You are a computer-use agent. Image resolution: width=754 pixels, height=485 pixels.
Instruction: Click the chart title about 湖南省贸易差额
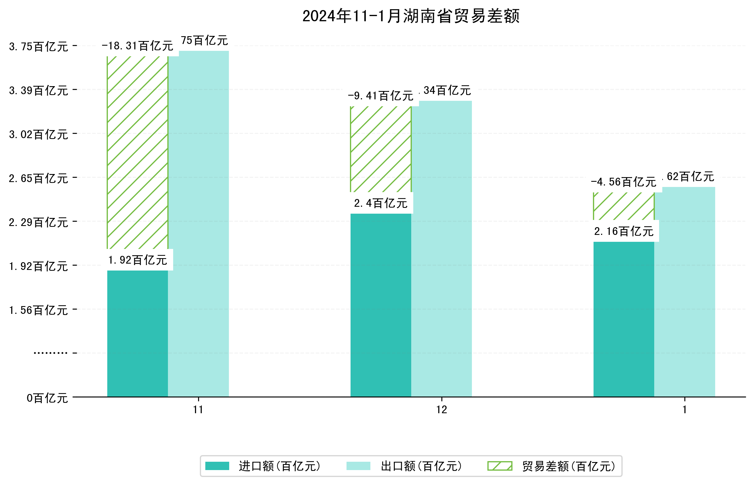[x=411, y=16]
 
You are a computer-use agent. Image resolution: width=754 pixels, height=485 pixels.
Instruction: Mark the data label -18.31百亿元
[x=137, y=46]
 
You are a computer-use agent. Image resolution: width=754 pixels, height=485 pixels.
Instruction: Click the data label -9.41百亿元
[x=381, y=96]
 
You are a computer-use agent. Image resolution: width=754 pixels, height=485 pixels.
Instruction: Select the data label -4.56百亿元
[x=623, y=182]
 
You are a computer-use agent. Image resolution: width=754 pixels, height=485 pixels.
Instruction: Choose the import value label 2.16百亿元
[x=623, y=231]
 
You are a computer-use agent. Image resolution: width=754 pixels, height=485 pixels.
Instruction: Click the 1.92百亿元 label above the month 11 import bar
[x=137, y=260]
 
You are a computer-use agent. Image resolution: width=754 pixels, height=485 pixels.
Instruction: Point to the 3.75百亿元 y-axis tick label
[x=39, y=47]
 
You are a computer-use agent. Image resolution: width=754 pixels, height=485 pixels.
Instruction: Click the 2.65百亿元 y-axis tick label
[x=39, y=179]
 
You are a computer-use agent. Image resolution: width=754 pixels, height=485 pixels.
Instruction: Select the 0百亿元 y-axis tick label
[x=47, y=398]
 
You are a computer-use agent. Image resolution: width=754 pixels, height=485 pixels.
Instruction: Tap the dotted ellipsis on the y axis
[x=50, y=353]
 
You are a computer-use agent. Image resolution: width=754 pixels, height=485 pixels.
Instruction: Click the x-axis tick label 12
[x=441, y=410]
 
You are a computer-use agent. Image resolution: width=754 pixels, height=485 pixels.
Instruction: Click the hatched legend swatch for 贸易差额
[x=500, y=466]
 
